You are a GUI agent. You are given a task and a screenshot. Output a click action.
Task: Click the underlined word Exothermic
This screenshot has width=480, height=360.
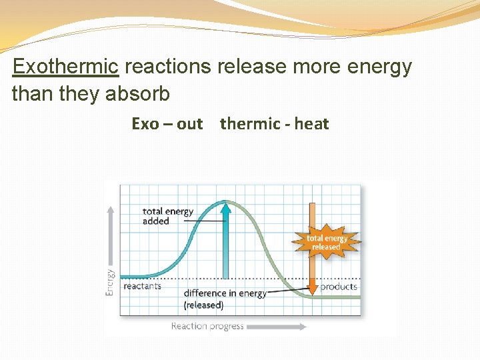pos(65,67)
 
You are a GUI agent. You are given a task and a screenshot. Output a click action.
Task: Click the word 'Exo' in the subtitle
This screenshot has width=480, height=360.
pos(145,124)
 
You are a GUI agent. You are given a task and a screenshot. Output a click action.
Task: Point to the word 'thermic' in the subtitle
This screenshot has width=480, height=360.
pos(250,124)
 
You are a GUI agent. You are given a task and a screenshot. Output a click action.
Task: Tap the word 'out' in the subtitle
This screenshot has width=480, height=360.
pos(190,124)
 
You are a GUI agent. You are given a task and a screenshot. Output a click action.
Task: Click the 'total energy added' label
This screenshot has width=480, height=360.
pos(167,216)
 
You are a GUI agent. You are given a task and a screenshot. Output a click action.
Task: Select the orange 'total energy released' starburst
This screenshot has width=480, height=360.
pos(327,242)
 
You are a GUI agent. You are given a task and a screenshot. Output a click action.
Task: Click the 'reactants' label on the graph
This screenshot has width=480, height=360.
pos(142,286)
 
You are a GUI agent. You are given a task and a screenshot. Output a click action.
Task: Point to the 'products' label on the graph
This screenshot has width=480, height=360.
pos(339,287)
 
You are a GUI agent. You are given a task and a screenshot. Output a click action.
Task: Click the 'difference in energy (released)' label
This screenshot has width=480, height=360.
pos(224,299)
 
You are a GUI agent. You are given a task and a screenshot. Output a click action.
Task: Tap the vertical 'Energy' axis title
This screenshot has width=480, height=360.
pos(110,281)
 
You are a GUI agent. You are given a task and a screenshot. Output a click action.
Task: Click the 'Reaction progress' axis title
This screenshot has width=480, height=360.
pos(207,326)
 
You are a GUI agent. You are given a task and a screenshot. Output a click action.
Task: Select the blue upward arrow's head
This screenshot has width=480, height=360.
pos(226,208)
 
